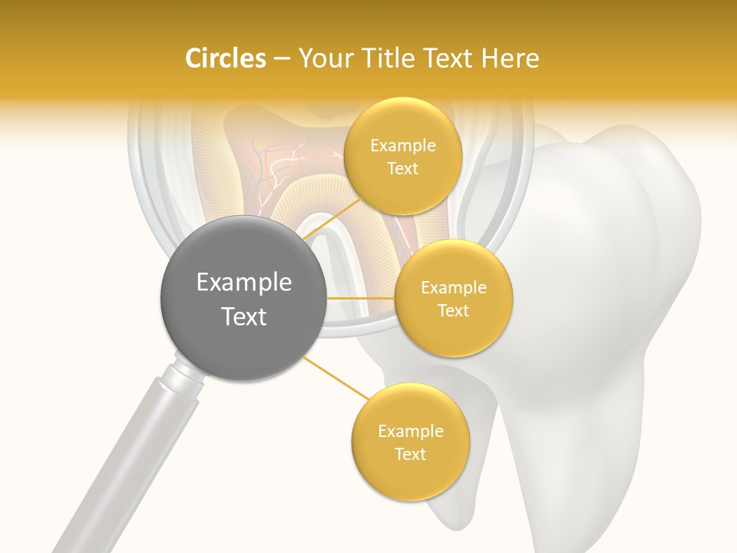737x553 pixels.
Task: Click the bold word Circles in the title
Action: pos(225,58)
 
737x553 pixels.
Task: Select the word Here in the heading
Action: pos(511,58)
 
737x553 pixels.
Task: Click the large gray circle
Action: pos(243,298)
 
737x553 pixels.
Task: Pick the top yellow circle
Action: pos(403,156)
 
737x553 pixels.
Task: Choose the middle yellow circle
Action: pos(454,298)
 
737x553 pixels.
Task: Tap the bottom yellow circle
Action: pos(410,442)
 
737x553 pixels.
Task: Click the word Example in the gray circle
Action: pos(244,283)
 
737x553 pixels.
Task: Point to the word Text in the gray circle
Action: pos(244,316)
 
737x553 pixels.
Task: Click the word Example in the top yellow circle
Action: pos(403,146)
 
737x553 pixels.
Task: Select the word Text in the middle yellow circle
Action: pos(454,310)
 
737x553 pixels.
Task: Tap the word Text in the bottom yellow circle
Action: pos(410,454)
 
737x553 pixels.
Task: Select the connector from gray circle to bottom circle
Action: pos(335,376)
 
